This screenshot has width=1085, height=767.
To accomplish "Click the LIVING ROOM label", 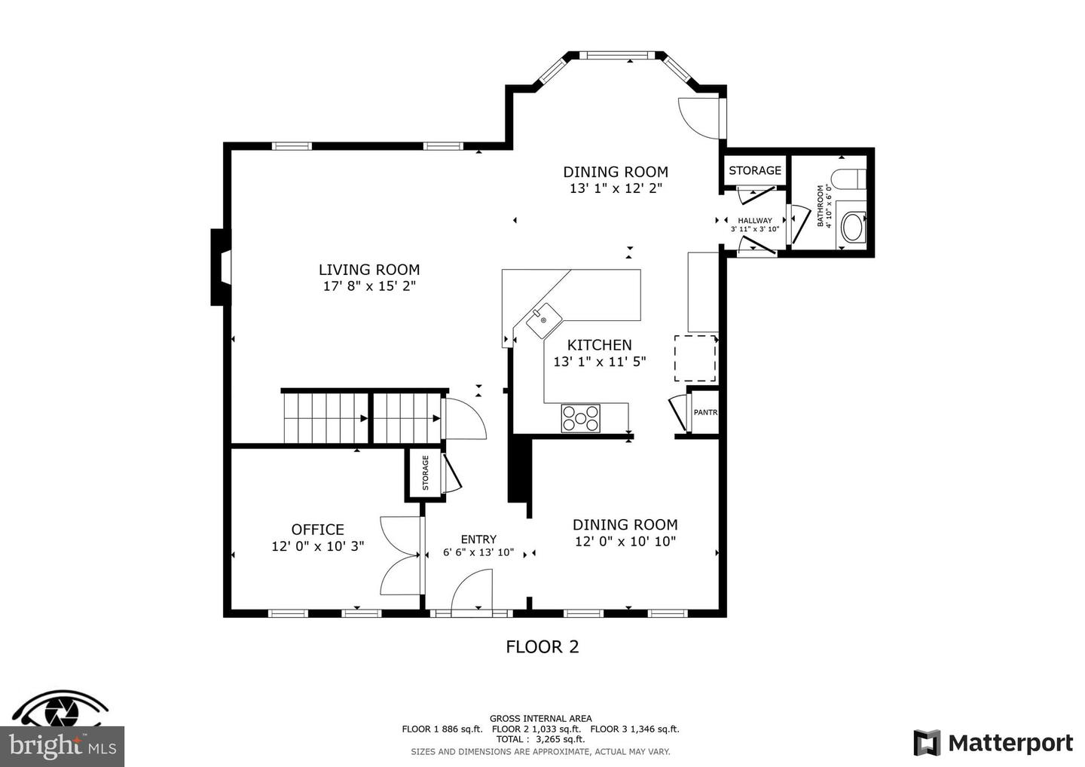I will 368,270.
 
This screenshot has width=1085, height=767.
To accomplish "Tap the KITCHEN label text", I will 599,345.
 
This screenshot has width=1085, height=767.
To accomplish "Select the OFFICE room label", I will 317,530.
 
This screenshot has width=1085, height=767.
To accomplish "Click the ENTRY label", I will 478,539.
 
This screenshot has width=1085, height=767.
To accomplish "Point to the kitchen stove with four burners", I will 580,418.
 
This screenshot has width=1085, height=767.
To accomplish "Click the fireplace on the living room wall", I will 219,267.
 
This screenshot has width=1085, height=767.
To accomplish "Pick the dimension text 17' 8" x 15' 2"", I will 368,286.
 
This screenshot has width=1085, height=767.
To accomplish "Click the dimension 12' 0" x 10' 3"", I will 317,546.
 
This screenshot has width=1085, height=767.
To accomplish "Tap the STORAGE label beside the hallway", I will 754,171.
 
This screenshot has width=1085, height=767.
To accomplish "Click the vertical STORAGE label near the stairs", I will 425,473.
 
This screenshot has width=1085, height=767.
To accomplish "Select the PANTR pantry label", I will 704,412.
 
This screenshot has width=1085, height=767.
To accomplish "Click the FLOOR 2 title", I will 542,646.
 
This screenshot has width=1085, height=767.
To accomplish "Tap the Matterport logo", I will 993,743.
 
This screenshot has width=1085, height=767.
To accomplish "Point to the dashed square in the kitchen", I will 694,359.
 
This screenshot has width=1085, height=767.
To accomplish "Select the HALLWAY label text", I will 754,221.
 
